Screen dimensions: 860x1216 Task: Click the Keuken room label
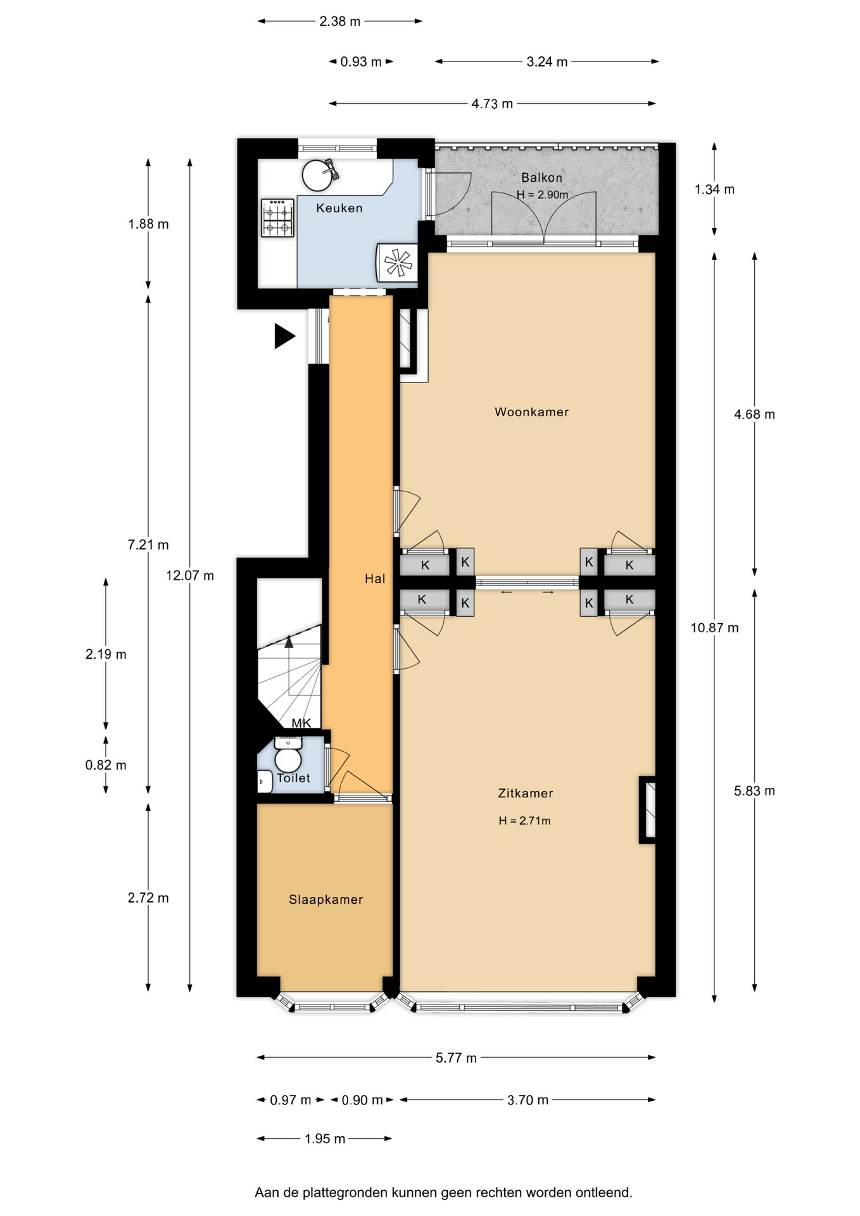[339, 208]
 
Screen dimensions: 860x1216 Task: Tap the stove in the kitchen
[277, 218]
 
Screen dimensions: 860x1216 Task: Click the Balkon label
[541, 178]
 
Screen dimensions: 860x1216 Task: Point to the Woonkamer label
[531, 412]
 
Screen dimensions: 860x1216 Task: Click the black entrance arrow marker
[284, 336]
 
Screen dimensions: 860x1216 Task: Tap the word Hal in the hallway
[375, 578]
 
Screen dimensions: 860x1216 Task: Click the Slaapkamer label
[326, 899]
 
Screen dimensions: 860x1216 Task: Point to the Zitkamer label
[526, 793]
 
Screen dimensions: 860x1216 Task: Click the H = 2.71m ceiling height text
[524, 821]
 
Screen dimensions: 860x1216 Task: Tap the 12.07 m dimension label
[190, 576]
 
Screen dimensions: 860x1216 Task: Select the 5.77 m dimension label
[456, 1058]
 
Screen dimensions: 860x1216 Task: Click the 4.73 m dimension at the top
[492, 104]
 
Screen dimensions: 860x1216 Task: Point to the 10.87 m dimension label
[714, 628]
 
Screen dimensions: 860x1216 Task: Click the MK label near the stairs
[301, 723]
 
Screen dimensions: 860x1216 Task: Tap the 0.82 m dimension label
[106, 765]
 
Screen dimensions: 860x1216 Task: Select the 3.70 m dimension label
[528, 1100]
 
